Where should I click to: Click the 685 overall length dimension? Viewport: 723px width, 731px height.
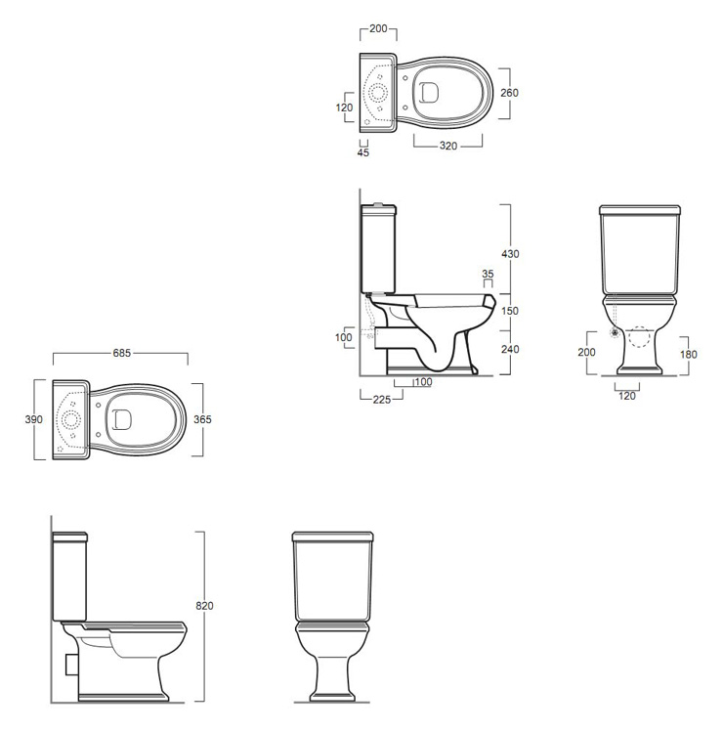(x=122, y=353)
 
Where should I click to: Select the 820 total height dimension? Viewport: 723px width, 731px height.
(x=204, y=606)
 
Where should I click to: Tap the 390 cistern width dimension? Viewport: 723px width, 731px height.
(x=33, y=419)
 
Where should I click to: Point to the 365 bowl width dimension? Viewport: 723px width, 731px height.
(x=202, y=419)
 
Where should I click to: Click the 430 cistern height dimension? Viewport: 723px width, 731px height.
(x=510, y=254)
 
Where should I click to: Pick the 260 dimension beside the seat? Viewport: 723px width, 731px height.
(x=509, y=93)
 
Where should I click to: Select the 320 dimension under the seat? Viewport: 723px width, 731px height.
(x=448, y=146)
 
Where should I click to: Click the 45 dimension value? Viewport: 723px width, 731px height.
(x=363, y=152)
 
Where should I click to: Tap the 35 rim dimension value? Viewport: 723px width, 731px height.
(x=488, y=274)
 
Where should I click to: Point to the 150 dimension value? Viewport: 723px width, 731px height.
(x=510, y=311)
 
